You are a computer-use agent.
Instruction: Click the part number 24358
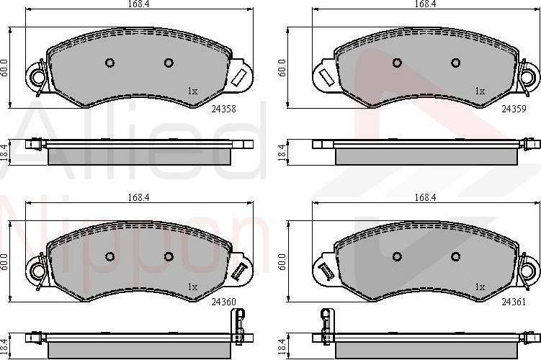point(223,109)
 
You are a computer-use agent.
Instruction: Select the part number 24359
point(514,109)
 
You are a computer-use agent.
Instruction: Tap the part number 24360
point(223,302)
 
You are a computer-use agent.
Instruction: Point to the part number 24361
point(514,302)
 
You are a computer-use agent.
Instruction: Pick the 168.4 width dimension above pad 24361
point(425,197)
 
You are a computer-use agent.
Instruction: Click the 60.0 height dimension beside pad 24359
point(282,68)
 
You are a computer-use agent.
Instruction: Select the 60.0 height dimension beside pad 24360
point(4,262)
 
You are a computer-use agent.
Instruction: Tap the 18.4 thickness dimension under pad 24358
point(4,153)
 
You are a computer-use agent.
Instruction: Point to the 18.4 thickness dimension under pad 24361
point(282,346)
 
